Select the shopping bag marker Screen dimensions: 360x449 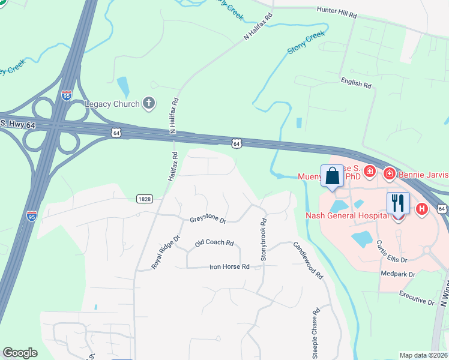[332, 176]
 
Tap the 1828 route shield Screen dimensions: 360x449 [144, 199]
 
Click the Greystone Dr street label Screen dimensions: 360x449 [208, 221]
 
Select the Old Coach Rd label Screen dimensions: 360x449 [214, 243]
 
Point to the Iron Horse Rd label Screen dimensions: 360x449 [229, 267]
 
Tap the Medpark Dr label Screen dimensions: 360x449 [398, 274]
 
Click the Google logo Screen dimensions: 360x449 [20, 353]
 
